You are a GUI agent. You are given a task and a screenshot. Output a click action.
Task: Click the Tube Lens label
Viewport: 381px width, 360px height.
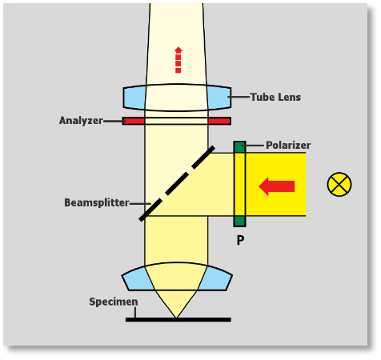pyautogui.click(x=275, y=97)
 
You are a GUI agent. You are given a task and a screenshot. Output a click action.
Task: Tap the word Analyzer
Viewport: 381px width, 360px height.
pyautogui.click(x=81, y=121)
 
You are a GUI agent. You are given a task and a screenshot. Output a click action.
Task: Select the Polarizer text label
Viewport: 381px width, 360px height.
pyautogui.click(x=288, y=146)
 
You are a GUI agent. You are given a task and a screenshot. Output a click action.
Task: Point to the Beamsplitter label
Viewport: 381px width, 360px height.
pyautogui.click(x=97, y=202)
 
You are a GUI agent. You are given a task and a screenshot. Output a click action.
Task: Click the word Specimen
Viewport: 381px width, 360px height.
pyautogui.click(x=114, y=302)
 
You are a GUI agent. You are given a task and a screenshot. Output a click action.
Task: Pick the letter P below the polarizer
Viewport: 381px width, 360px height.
pyautogui.click(x=240, y=240)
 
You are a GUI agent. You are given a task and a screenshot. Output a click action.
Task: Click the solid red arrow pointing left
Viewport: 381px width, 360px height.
pyautogui.click(x=277, y=186)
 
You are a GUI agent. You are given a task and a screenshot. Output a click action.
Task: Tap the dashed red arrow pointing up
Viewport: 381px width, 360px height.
pyautogui.click(x=178, y=60)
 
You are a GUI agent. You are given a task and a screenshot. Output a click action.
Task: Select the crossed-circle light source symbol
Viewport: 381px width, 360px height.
pyautogui.click(x=339, y=184)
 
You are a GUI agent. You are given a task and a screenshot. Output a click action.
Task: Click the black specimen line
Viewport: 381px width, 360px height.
pyautogui.click(x=178, y=319)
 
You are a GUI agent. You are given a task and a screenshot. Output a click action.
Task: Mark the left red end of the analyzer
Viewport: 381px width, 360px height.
pyautogui.click(x=134, y=121)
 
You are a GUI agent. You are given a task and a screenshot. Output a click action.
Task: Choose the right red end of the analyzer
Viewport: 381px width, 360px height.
pyautogui.click(x=219, y=121)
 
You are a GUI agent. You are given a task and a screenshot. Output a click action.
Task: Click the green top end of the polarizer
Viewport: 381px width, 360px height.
pyautogui.click(x=239, y=147)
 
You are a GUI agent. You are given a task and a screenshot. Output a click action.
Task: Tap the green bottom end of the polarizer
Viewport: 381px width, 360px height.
pyautogui.click(x=239, y=222)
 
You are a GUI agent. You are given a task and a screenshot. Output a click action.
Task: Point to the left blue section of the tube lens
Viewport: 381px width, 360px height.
pyautogui.click(x=134, y=97)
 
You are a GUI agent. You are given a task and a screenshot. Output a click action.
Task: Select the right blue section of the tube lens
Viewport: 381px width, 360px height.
pyautogui.click(x=219, y=97)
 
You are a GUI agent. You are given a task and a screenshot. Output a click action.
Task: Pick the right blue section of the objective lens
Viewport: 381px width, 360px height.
pyautogui.click(x=215, y=279)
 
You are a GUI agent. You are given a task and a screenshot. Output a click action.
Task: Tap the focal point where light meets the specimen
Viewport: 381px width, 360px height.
pyautogui.click(x=176, y=318)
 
